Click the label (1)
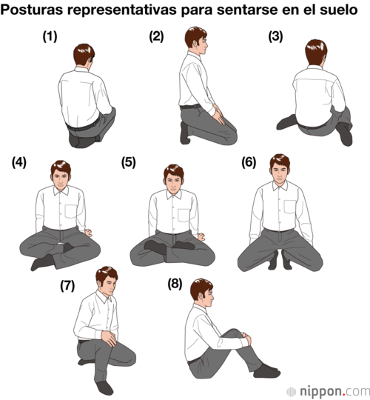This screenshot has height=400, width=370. [x=50, y=36]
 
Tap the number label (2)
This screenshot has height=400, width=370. [x=156, y=36]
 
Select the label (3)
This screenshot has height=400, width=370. [x=275, y=36]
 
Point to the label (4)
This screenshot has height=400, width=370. [x=19, y=162]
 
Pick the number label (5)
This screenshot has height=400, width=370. [x=129, y=162]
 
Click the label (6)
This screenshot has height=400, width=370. [x=249, y=162]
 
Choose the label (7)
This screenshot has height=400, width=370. [x=67, y=285]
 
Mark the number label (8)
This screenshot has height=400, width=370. [x=175, y=284]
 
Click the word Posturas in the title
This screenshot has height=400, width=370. [x=32, y=10]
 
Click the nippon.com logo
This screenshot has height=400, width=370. [x=329, y=391]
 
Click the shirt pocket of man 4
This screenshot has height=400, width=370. [x=71, y=211]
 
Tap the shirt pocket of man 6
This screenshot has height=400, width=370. [x=290, y=207]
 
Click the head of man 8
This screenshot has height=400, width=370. [x=201, y=293]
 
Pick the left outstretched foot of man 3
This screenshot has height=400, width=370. [x=286, y=122]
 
